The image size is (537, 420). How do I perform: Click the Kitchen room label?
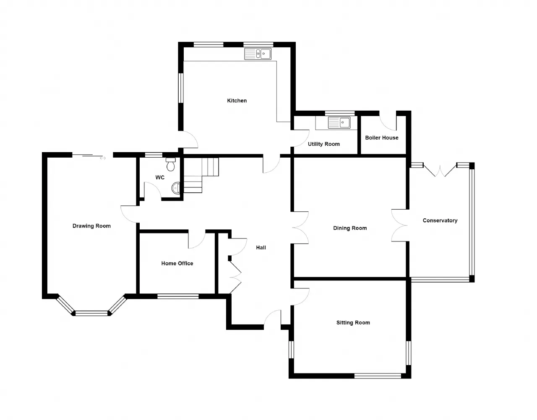pyautogui.click(x=237, y=101)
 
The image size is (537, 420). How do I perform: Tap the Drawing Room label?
pyautogui.click(x=91, y=226)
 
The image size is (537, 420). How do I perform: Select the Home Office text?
pyautogui.click(x=177, y=264)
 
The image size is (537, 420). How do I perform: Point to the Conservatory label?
pyautogui.click(x=440, y=220)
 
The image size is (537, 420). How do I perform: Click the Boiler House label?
pyautogui.click(x=381, y=138)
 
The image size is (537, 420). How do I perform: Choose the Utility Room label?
pyautogui.click(x=324, y=144)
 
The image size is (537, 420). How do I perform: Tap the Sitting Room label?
pyautogui.click(x=353, y=322)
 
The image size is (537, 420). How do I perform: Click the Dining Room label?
pyautogui.click(x=350, y=228)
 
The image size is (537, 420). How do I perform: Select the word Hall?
pyautogui.click(x=261, y=248)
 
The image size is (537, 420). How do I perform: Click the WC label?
pyautogui.click(x=160, y=178)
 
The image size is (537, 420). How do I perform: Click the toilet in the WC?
pyautogui.click(x=170, y=164)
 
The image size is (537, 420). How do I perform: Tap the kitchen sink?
pyautogui.click(x=258, y=54)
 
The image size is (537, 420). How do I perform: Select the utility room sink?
pyautogui.click(x=339, y=123)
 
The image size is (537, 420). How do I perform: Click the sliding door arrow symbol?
pyautogui.click(x=103, y=158)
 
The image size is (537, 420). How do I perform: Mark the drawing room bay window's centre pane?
pyautogui.click(x=91, y=314)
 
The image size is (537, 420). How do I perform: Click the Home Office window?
pyautogui.click(x=178, y=296)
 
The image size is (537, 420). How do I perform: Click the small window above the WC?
pyautogui.click(x=154, y=155)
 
